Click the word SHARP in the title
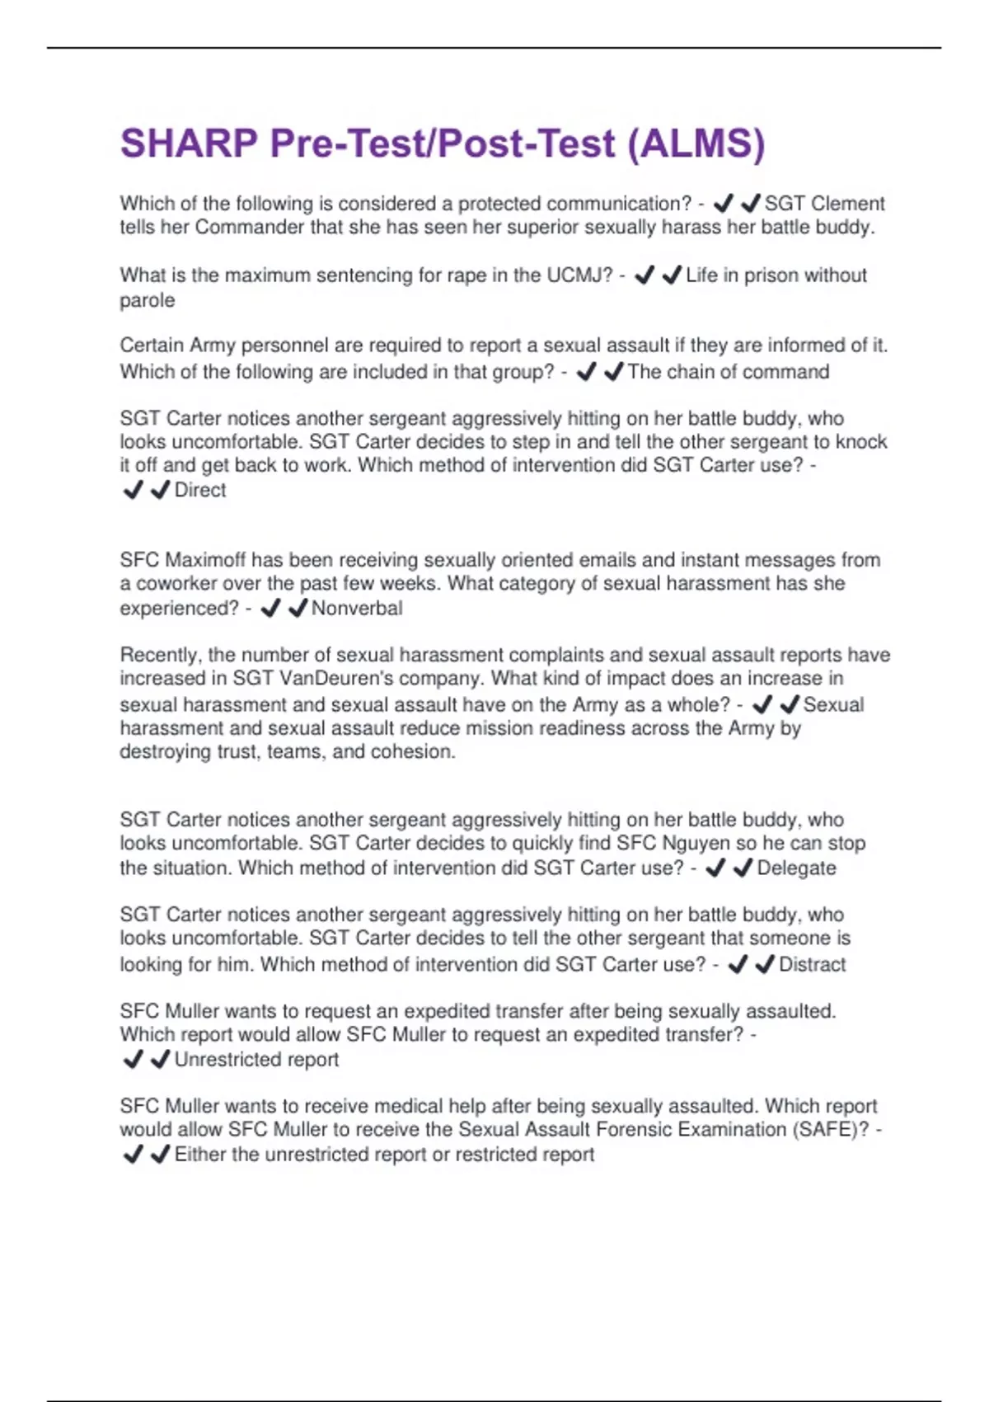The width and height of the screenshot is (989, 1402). click(189, 143)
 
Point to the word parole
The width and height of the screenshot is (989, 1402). click(148, 300)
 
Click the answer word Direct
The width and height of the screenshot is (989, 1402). click(200, 490)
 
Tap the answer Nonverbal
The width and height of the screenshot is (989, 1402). click(357, 609)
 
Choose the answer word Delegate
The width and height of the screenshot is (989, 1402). click(796, 868)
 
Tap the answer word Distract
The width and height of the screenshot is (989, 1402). click(812, 965)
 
